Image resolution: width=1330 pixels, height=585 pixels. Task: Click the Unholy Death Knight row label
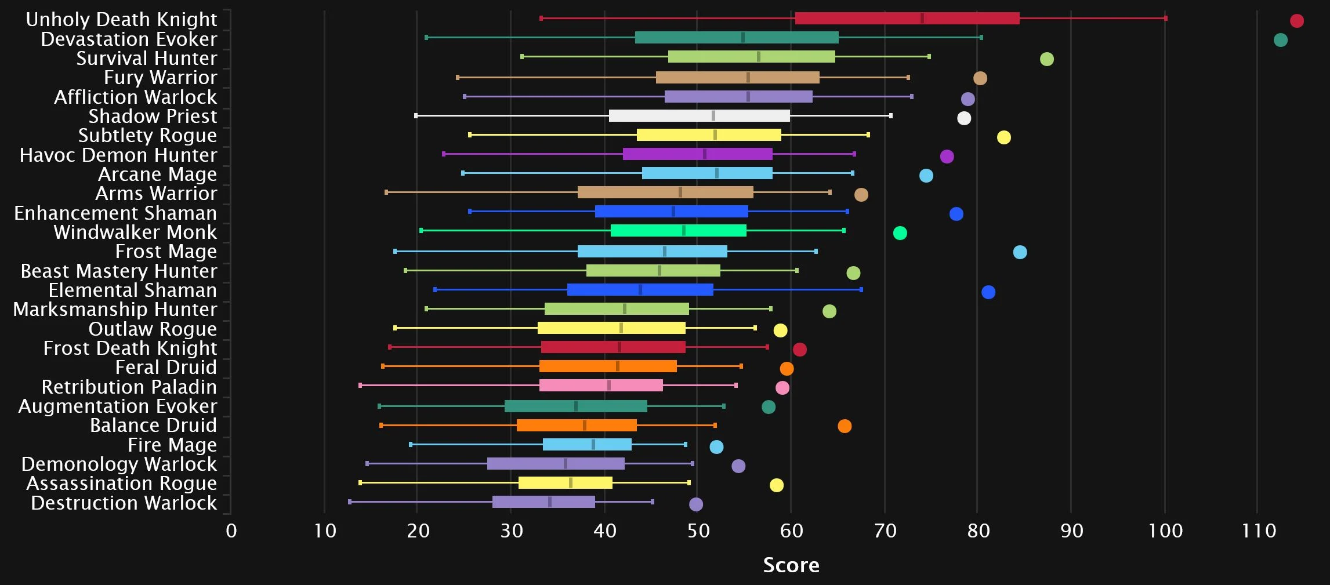[121, 19]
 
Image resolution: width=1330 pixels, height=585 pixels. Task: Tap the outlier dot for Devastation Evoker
[1281, 40]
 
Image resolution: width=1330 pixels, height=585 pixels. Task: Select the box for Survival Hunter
[751, 57]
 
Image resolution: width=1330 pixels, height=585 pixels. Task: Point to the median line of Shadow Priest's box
[713, 115]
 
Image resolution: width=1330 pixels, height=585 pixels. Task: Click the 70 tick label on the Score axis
[885, 531]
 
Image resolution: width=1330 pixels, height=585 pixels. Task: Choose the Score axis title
[791, 565]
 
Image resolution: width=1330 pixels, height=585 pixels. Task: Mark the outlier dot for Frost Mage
[1020, 252]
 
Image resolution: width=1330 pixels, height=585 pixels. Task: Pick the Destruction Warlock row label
[124, 503]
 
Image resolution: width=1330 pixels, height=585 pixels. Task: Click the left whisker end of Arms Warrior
[386, 192]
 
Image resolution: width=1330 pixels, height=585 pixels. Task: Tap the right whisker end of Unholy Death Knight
[1165, 19]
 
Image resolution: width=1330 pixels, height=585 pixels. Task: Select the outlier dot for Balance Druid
[845, 426]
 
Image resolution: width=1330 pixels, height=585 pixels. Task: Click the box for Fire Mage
[587, 445]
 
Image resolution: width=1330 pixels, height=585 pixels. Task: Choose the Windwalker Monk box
[679, 231]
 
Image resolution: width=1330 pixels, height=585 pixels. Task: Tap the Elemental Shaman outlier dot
[988, 292]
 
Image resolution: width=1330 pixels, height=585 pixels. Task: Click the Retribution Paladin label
[129, 387]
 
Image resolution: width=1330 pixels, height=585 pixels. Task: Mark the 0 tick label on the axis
[231, 531]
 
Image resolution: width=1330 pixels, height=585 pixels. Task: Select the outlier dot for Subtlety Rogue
[1004, 137]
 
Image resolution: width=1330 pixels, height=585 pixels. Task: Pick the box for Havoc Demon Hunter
[698, 154]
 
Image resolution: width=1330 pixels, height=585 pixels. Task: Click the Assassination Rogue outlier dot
[777, 485]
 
